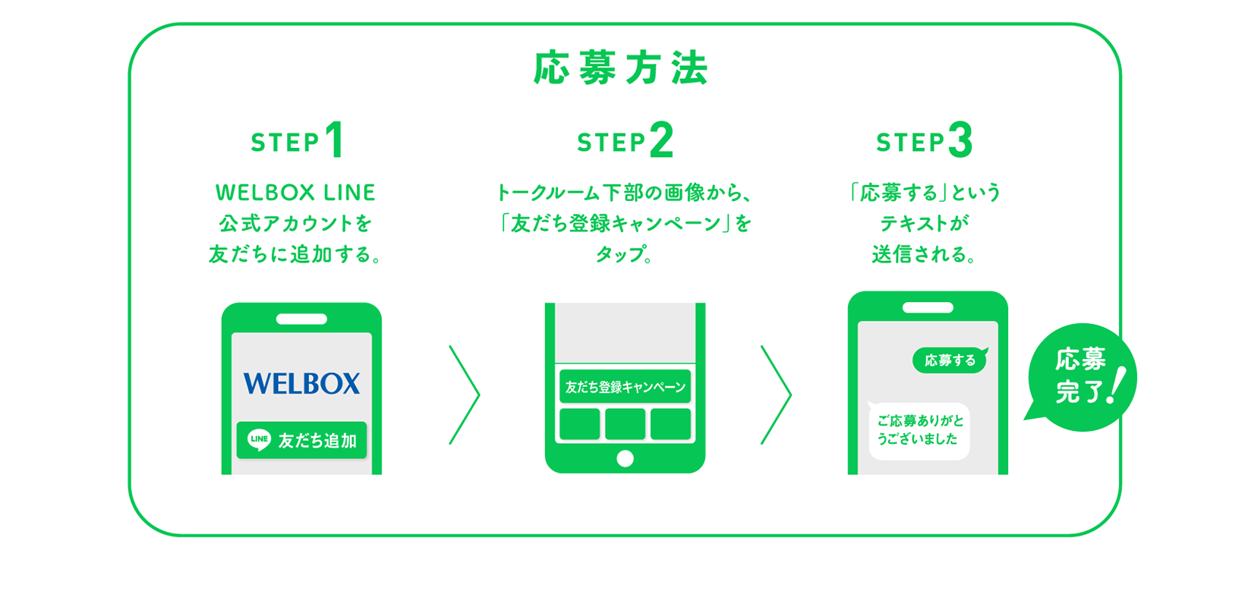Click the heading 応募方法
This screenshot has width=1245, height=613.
(621, 68)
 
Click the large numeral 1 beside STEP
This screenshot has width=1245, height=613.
(335, 140)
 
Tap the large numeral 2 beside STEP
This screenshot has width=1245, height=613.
(661, 140)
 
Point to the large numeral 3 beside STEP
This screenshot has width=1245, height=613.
(960, 140)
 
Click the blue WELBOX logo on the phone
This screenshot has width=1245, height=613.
(301, 383)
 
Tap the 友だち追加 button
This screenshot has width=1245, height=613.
(301, 440)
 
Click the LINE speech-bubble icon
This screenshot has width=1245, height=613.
(259, 439)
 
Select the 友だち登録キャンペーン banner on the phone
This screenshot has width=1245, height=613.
(625, 386)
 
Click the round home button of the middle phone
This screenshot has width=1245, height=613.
(625, 458)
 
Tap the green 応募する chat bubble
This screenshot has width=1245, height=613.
(950, 360)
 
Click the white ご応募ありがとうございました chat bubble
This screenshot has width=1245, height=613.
(919, 430)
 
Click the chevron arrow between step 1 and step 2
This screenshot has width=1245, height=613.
(465, 395)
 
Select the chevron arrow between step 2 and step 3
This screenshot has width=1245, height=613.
(777, 395)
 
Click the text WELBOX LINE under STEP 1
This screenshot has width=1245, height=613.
(295, 193)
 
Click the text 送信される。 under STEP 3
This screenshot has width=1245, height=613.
(924, 254)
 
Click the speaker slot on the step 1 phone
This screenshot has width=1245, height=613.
(301, 319)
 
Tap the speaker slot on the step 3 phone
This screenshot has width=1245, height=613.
(928, 307)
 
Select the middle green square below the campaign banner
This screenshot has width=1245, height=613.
(625, 424)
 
